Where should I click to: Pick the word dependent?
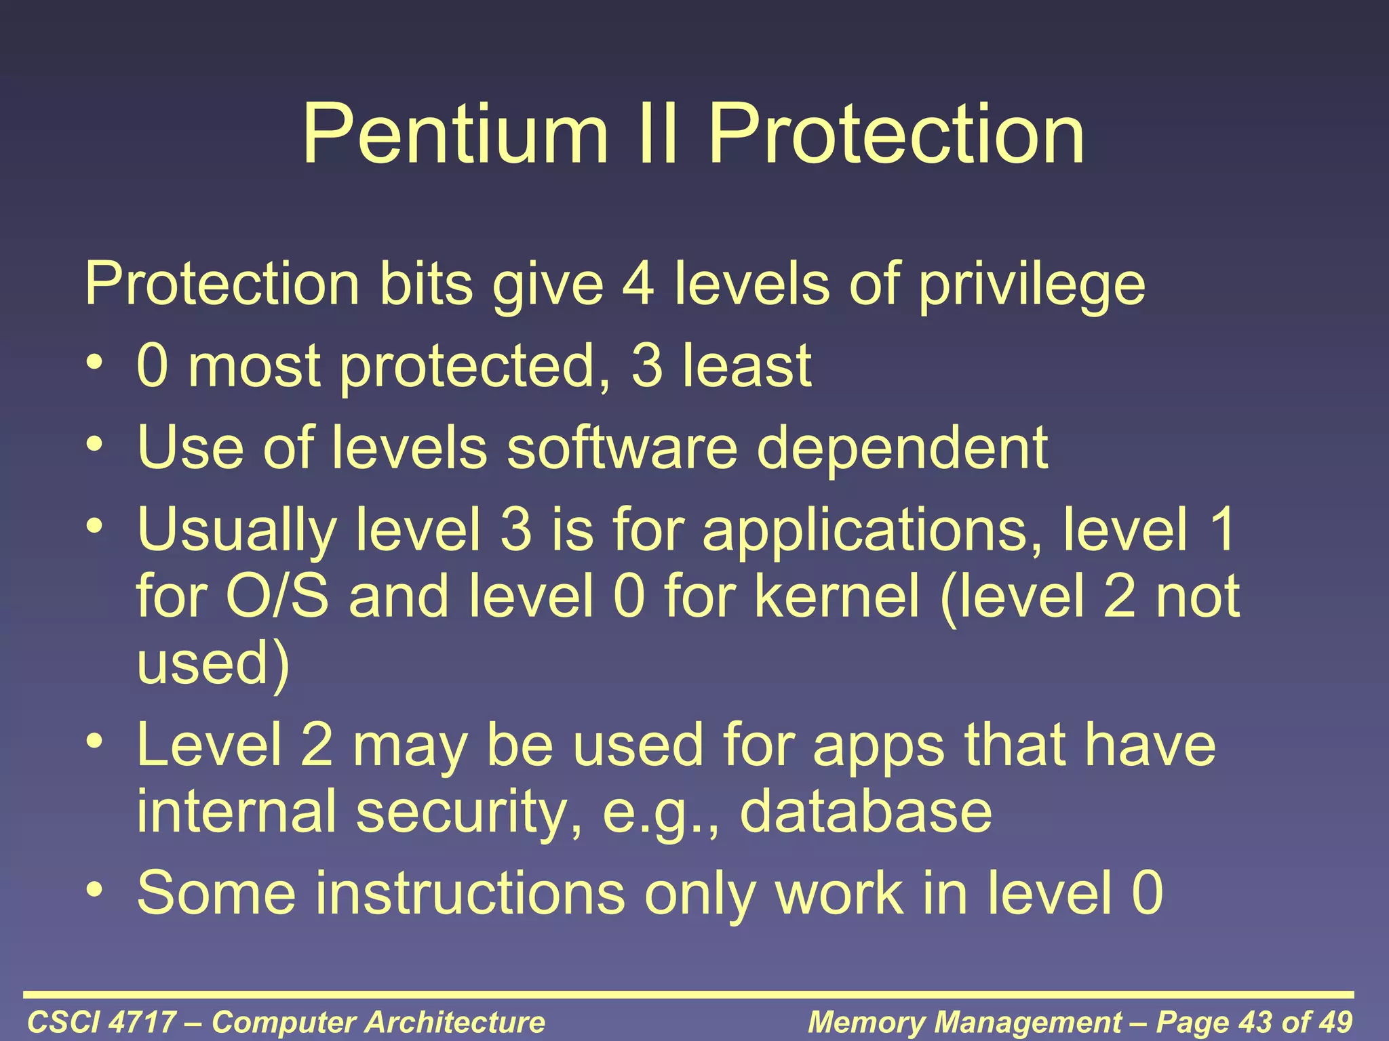coord(902,449)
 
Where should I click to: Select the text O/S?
coord(277,596)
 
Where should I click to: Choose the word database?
coord(865,812)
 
